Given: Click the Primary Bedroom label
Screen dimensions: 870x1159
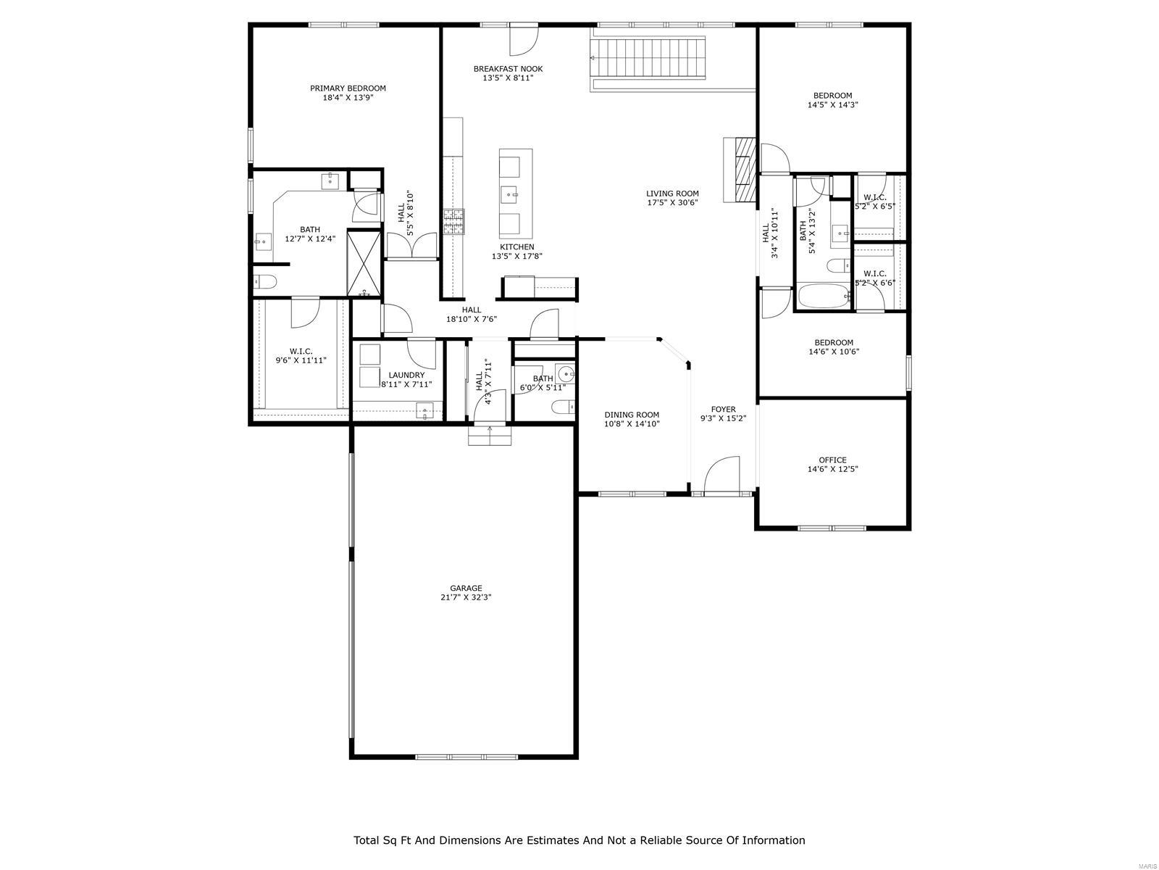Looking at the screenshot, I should pos(348,88).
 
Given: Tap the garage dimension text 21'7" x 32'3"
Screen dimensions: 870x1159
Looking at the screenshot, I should pos(466,597).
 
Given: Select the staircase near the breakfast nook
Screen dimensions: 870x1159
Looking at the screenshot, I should pos(648,58).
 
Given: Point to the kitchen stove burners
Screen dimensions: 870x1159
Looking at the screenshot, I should pos(454,222).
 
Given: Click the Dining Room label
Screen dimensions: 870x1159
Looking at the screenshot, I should pos(632,415).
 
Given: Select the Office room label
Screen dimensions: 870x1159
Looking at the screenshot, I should pos(832,460).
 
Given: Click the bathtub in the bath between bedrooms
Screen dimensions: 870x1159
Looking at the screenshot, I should pos(824,296).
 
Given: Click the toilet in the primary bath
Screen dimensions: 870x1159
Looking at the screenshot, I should pos(264,282).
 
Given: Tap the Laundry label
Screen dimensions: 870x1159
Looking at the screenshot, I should pos(406,375).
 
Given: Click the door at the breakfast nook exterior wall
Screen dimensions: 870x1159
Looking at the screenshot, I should pos(523,39).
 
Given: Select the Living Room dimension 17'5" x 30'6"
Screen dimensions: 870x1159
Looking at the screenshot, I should pos(672,203).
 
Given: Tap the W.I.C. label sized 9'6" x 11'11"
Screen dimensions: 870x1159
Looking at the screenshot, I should pos(301,351).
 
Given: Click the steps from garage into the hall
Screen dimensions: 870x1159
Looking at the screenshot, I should pos(490,436).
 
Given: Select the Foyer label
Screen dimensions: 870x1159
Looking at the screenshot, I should pos(723,410).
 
